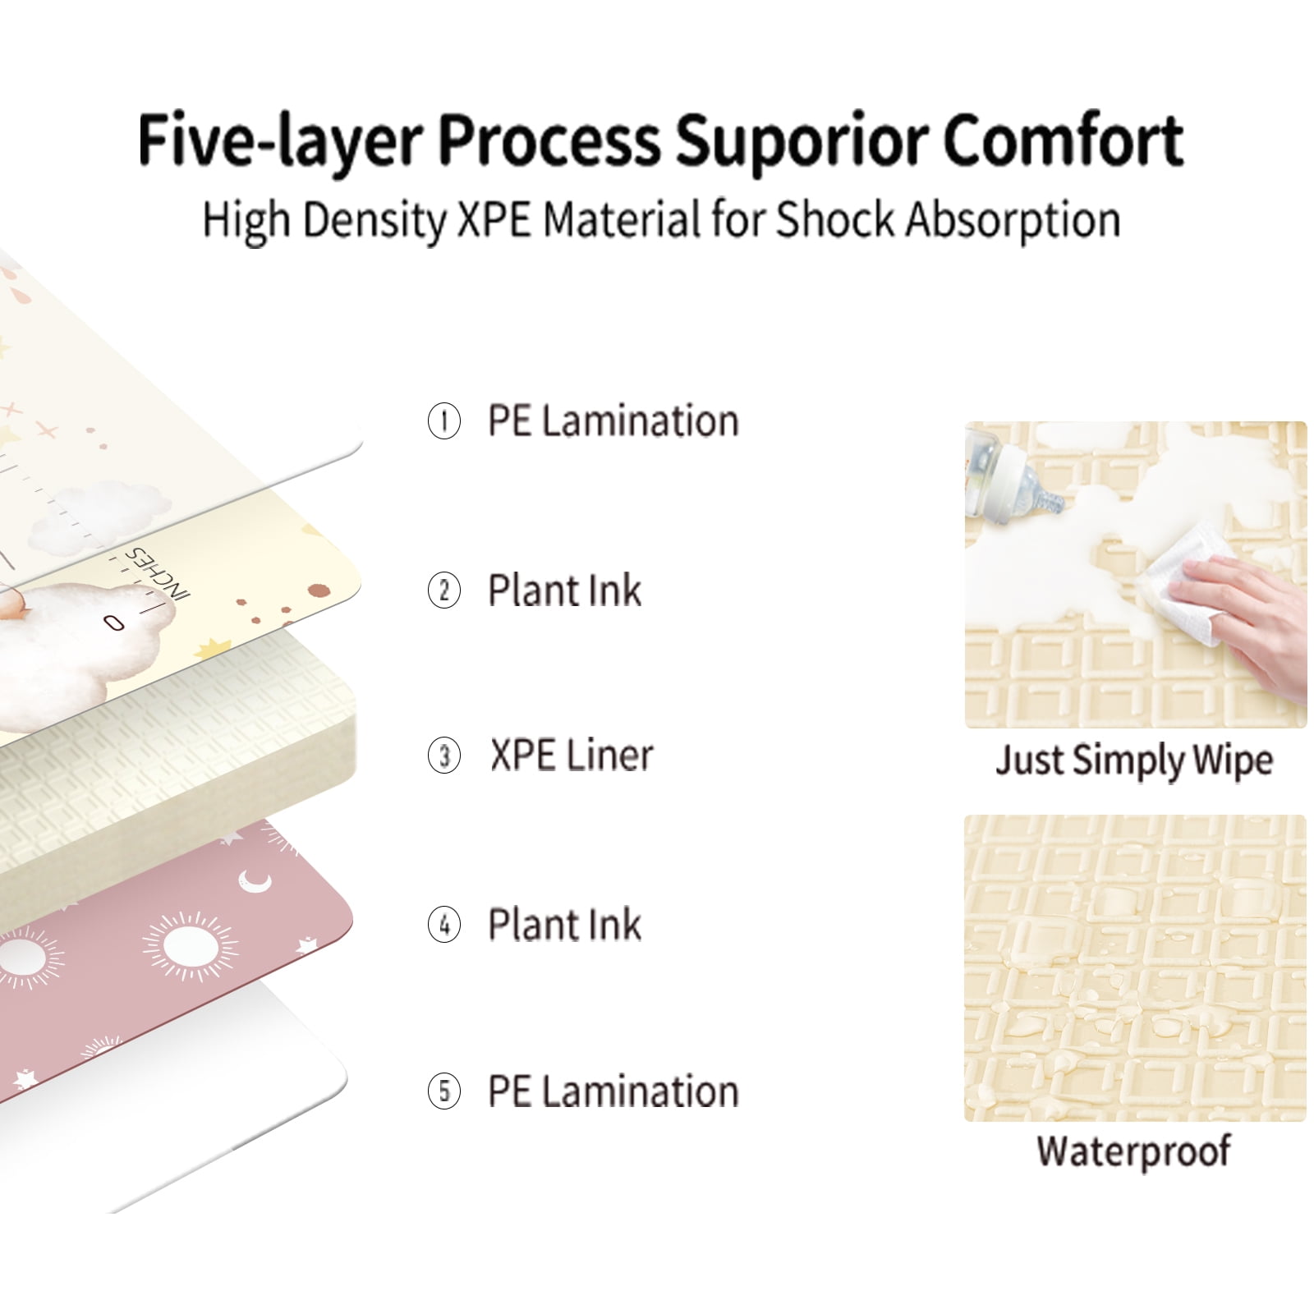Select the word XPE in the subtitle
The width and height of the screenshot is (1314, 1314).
pos(494,220)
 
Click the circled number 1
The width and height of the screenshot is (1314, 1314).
pos(444,421)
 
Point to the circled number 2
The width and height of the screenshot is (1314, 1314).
pos(444,590)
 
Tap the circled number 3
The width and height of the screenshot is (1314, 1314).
pos(444,756)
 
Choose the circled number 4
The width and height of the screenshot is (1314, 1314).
pos(444,925)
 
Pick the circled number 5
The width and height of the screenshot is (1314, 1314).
pos(444,1091)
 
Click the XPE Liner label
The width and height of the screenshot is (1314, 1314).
pos(572,756)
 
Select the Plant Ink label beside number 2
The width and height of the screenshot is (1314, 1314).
pos(564,590)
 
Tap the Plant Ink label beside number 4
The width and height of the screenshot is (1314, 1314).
pos(564,925)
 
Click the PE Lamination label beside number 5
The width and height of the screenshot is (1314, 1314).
pos(613,1091)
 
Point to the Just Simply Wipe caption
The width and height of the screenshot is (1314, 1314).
pos(1134,760)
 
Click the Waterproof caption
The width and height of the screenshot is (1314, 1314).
pos(1133,1151)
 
